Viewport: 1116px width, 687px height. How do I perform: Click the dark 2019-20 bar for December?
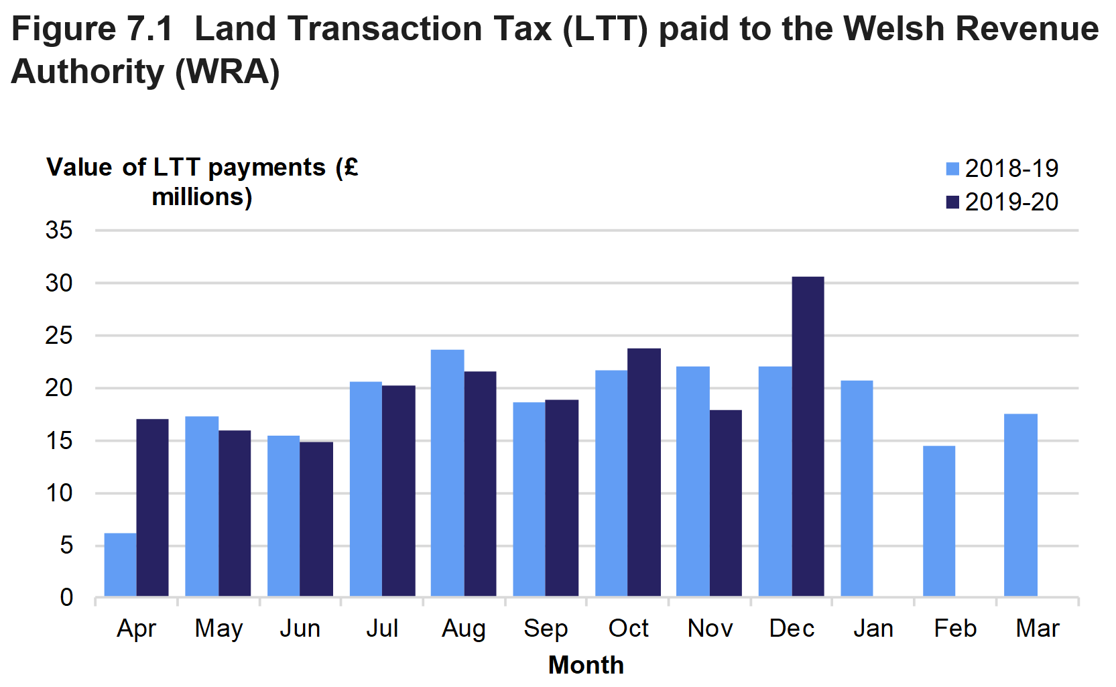pos(808,436)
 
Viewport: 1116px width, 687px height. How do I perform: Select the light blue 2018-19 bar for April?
pos(121,564)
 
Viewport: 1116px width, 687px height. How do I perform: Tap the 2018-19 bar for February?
pos(938,521)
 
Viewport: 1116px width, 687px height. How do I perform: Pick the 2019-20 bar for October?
pos(644,472)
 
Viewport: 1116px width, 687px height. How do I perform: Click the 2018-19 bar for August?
pos(447,473)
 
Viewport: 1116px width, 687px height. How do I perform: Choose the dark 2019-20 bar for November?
pos(726,503)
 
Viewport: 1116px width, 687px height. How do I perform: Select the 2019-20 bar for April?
pos(153,507)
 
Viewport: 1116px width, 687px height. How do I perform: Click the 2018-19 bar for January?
pos(857,488)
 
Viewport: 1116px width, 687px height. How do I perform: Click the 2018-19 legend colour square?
pos(952,168)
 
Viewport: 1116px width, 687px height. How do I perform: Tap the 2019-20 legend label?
pos(1011,202)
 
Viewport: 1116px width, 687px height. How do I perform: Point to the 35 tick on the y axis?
pos(59,231)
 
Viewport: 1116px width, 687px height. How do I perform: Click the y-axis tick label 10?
pos(59,493)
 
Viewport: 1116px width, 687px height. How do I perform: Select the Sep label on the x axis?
pos(546,629)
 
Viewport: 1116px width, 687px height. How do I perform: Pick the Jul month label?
pos(382,629)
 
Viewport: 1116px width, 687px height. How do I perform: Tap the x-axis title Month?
pos(586,665)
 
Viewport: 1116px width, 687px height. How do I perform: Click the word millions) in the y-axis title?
pos(202,197)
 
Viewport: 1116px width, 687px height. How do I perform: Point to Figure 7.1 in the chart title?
pos(92,29)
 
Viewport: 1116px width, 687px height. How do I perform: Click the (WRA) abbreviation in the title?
pos(227,72)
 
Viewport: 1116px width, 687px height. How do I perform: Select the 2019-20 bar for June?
pos(316,519)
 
